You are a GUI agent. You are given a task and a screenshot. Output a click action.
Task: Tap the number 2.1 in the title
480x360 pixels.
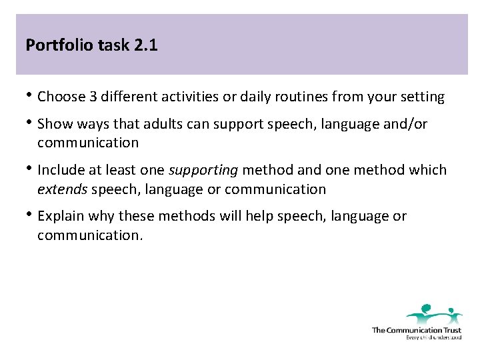pos(145,46)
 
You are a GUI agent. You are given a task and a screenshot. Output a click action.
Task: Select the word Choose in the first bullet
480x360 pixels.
pos(62,97)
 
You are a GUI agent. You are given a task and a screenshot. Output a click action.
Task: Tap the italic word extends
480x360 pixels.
pos(62,189)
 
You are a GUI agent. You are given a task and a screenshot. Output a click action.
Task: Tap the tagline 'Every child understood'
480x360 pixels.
pos(433,337)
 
